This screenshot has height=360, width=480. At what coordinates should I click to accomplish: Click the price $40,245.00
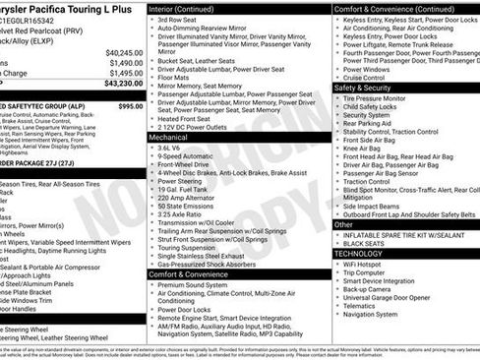click(x=123, y=52)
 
